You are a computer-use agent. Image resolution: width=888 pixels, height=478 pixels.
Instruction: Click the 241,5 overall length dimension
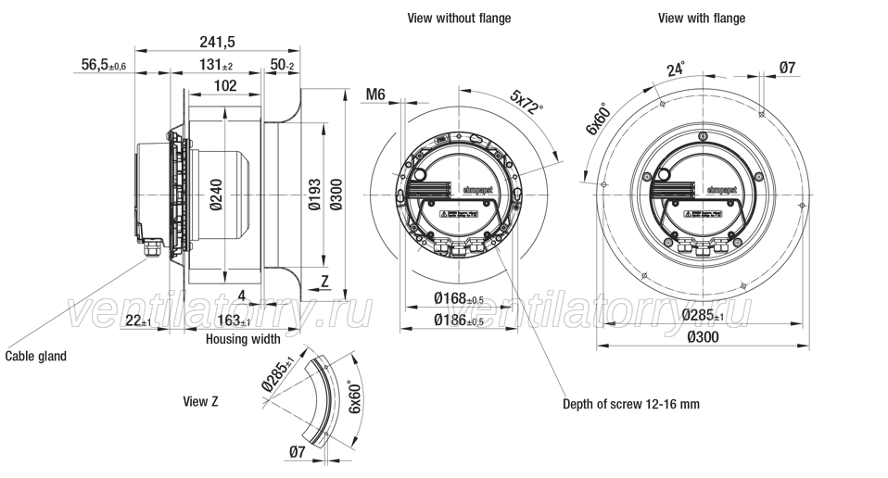coord(218,42)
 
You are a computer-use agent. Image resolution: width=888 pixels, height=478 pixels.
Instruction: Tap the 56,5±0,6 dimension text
coord(103,64)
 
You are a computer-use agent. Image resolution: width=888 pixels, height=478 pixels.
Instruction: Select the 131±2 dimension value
coord(217,65)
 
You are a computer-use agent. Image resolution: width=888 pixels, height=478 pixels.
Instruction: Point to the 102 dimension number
coord(224,86)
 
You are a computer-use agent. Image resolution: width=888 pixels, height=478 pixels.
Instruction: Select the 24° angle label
coord(676,69)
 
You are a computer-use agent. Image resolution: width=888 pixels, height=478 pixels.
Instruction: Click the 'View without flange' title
coord(459,18)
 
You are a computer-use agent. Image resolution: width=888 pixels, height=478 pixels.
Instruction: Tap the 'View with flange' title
coord(702,18)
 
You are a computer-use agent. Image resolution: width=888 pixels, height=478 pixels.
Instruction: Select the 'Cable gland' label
coord(36,356)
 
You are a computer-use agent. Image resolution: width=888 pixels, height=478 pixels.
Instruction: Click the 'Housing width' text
coord(243,340)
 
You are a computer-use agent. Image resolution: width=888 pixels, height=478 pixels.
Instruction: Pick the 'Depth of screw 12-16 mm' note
coord(631,404)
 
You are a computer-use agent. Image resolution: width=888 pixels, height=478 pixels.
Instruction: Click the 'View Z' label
coord(201,401)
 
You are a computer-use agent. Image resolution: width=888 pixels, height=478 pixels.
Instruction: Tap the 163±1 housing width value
coord(232,321)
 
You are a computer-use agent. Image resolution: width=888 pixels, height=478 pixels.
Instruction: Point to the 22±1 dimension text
coord(138,321)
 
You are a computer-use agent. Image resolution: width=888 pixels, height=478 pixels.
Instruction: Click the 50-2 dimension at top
coord(282,65)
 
